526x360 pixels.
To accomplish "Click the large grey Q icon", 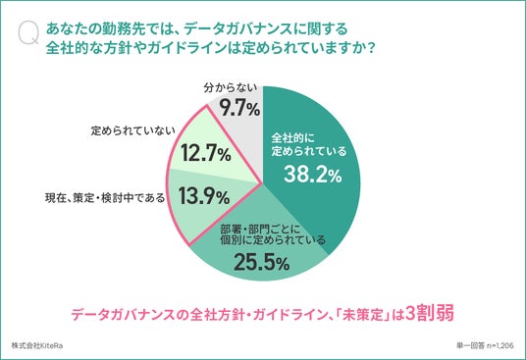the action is [28, 33].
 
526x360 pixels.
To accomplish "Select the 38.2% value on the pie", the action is [313, 175].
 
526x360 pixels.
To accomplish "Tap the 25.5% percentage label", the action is [262, 262].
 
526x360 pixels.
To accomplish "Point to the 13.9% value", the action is [204, 196].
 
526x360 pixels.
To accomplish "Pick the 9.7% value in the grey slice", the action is [239, 108].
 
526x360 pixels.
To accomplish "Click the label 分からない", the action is [231, 88].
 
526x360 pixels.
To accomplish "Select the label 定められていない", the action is [133, 130].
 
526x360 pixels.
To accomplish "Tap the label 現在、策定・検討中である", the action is [105, 198].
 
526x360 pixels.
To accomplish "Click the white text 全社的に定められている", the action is [308, 144].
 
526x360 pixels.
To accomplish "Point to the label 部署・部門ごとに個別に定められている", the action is [273, 234].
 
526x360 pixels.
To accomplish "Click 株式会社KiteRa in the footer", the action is [37, 345].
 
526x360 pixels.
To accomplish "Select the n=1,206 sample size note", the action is [500, 345].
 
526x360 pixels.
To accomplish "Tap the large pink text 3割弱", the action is [430, 313].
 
